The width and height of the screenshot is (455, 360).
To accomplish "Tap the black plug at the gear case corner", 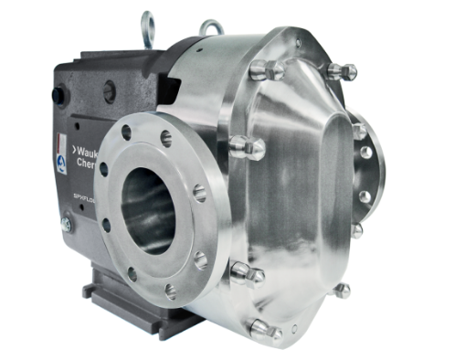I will tap(59, 95).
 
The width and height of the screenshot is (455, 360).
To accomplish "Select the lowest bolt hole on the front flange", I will tap(170, 291).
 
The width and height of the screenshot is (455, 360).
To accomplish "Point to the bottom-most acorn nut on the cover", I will tap(262, 329).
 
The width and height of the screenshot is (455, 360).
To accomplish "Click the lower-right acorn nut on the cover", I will tap(342, 291).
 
